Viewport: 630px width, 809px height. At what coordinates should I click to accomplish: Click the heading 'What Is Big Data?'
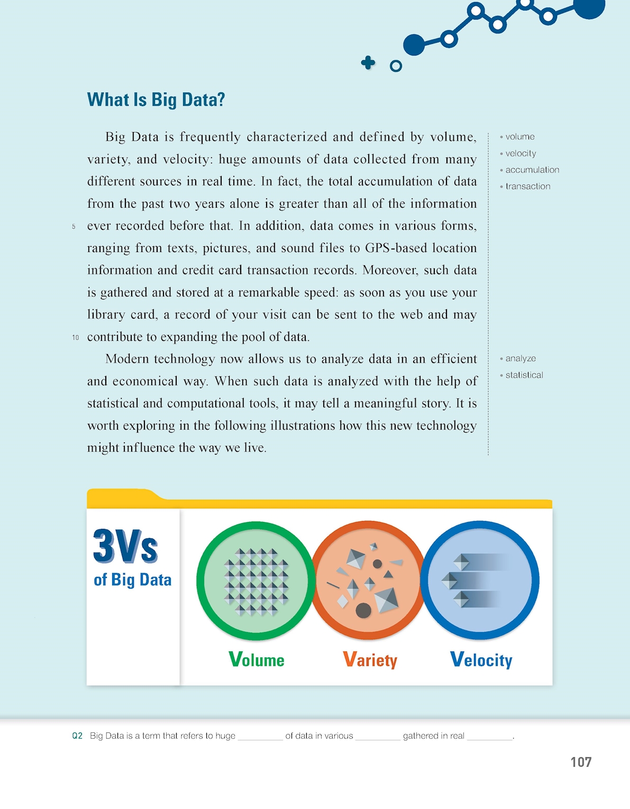click(156, 100)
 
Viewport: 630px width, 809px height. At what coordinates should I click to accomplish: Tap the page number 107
click(580, 762)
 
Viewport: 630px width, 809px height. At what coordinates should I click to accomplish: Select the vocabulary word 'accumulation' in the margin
click(532, 170)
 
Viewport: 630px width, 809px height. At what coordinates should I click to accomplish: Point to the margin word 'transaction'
click(527, 186)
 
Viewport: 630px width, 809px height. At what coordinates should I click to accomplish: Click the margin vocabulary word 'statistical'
click(524, 375)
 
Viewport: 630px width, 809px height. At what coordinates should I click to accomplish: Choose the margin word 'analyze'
click(520, 358)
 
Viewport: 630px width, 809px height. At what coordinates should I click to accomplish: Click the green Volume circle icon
click(256, 581)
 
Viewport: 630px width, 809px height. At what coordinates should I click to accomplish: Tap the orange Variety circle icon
click(368, 580)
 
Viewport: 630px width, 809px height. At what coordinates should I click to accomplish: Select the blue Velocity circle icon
click(480, 580)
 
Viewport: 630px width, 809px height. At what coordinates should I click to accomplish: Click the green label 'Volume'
click(257, 660)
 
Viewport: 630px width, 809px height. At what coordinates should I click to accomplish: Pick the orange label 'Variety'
click(370, 660)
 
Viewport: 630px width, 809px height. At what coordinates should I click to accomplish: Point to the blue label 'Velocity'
click(481, 660)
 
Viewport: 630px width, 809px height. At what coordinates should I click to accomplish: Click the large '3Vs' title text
click(125, 546)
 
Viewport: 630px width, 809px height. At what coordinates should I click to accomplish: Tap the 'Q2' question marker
click(77, 736)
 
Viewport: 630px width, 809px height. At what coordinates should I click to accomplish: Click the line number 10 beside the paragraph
click(76, 337)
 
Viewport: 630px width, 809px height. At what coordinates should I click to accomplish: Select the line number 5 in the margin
click(74, 226)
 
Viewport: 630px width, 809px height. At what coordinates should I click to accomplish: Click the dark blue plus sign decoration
click(368, 63)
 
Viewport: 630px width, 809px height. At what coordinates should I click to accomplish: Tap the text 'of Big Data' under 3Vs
click(132, 580)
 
